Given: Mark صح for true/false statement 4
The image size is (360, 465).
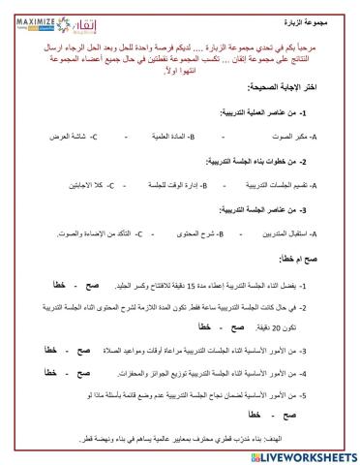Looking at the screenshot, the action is [x=100, y=373].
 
